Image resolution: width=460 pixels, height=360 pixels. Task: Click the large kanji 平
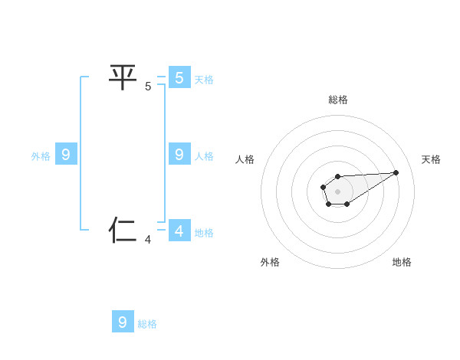click(x=123, y=77)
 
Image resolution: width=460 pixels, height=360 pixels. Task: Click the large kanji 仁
click(x=123, y=229)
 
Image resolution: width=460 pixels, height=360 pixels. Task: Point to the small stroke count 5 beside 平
click(x=148, y=87)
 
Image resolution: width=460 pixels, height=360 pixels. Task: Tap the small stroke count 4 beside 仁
click(x=148, y=240)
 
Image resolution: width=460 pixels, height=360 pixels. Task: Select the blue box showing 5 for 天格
click(x=179, y=77)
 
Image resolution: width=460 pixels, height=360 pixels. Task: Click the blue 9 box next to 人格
click(x=179, y=155)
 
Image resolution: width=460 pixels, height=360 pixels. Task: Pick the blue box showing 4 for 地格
click(x=179, y=231)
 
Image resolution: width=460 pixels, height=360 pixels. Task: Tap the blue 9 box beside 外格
click(x=66, y=155)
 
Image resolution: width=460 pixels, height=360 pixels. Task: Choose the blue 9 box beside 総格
click(x=123, y=322)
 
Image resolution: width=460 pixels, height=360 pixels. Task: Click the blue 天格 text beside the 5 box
click(x=204, y=80)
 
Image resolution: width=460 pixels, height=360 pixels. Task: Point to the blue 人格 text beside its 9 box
click(x=204, y=156)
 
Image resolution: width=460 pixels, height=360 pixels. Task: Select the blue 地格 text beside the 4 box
click(x=204, y=233)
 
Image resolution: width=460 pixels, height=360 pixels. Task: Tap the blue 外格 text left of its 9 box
click(x=41, y=156)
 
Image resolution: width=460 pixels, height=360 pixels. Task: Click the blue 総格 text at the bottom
click(x=147, y=324)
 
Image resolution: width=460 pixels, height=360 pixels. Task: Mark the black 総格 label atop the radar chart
click(x=338, y=100)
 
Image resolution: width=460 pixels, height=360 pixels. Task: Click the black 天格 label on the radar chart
click(x=431, y=159)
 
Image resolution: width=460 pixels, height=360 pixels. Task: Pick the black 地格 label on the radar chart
click(x=402, y=262)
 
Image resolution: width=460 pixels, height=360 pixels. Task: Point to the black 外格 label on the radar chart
click(x=270, y=262)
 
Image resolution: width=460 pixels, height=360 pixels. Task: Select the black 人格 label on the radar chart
click(x=245, y=159)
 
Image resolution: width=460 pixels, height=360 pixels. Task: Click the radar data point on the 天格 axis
click(x=396, y=172)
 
